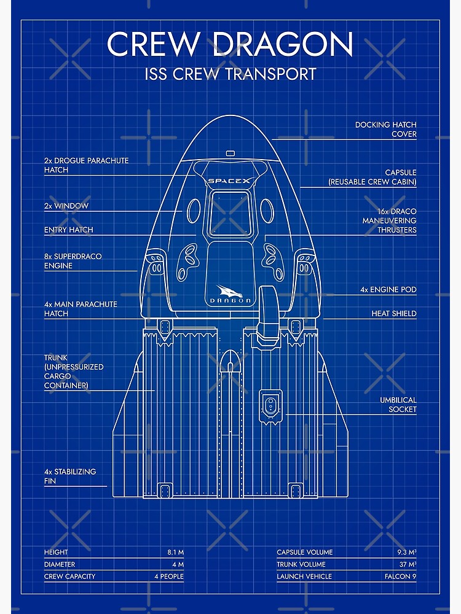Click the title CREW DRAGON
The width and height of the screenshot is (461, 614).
click(230, 44)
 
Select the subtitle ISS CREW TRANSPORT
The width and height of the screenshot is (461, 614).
click(230, 74)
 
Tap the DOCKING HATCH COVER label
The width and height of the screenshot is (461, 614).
click(385, 130)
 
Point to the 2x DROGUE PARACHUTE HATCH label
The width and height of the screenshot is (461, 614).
click(86, 165)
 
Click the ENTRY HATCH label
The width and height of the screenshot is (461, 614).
click(68, 230)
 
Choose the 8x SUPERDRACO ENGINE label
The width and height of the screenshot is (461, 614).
click(73, 261)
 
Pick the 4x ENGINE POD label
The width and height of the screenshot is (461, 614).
click(388, 289)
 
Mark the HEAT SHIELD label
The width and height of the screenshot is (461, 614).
click(393, 314)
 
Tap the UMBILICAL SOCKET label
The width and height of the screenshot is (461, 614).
click(398, 405)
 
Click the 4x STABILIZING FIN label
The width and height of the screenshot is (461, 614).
click(69, 476)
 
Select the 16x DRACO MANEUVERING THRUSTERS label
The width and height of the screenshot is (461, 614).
click(389, 220)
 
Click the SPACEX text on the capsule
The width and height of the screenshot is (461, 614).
click(229, 181)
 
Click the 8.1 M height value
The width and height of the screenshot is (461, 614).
click(175, 553)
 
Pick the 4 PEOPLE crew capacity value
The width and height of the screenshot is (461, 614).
click(168, 577)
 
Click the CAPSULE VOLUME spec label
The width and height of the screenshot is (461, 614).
click(304, 553)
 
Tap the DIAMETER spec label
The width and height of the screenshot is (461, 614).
click(59, 564)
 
